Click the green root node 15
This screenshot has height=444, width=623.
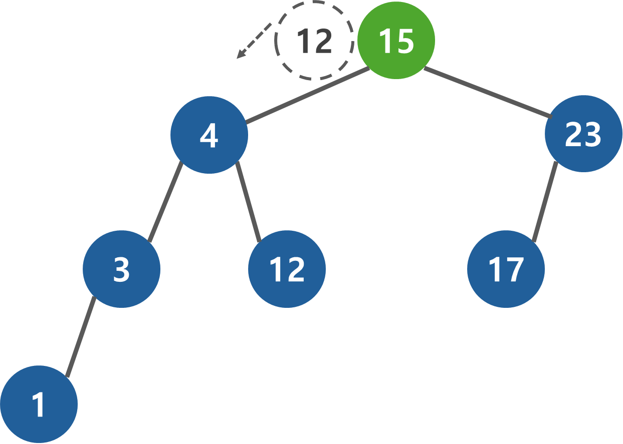[396, 40]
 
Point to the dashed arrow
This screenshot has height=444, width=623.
[256, 40]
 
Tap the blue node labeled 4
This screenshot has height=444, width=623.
[209, 135]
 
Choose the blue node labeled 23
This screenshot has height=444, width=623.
[583, 134]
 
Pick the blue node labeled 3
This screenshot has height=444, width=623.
[121, 269]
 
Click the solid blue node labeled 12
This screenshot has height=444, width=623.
[287, 269]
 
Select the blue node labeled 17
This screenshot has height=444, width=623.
[506, 269]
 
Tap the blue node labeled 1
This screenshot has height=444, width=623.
[39, 404]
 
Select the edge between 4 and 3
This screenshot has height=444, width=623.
[165, 202]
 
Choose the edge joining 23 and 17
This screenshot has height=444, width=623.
[545, 202]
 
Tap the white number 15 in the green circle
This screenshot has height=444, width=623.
[396, 41]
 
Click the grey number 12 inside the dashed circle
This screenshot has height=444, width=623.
[314, 41]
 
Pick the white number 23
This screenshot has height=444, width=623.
[583, 135]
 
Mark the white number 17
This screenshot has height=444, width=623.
[506, 270]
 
